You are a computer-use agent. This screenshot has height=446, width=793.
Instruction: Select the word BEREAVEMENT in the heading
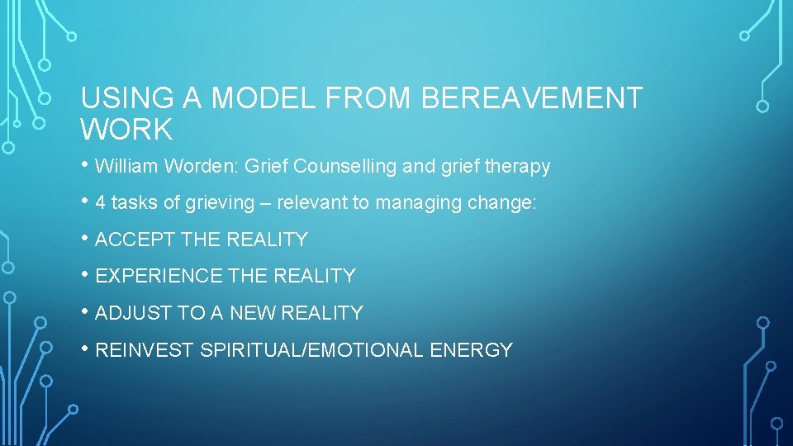coord(531,99)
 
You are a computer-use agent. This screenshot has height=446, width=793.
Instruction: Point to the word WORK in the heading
coord(126,130)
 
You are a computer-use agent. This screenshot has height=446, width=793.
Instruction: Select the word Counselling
coord(345,167)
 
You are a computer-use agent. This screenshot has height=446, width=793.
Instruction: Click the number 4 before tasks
coord(101,203)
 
